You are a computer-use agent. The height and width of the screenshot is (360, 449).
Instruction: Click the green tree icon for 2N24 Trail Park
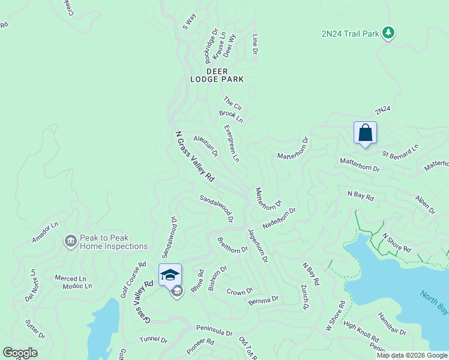pyautogui.click(x=388, y=32)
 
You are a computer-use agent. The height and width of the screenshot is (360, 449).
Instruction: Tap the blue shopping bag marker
pyautogui.click(x=365, y=133)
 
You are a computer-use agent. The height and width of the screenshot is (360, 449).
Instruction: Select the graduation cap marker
pyautogui.click(x=170, y=275)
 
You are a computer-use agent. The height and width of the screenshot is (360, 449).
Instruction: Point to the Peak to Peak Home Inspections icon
pyautogui.click(x=70, y=241)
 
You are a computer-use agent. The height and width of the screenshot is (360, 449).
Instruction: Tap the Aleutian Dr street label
pyautogui.click(x=206, y=145)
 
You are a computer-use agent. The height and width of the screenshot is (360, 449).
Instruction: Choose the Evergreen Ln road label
pyautogui.click(x=232, y=143)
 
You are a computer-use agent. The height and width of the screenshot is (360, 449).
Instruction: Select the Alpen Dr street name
pyautogui.click(x=425, y=204)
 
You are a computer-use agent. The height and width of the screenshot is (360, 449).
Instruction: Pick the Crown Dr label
pyautogui.click(x=240, y=292)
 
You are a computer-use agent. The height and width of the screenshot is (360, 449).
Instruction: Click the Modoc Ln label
pyautogui.click(x=77, y=286)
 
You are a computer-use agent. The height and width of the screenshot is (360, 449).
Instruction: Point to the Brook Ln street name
pyautogui.click(x=231, y=116)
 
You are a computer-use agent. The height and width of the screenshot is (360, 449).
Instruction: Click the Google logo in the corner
pyautogui.click(x=20, y=353)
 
